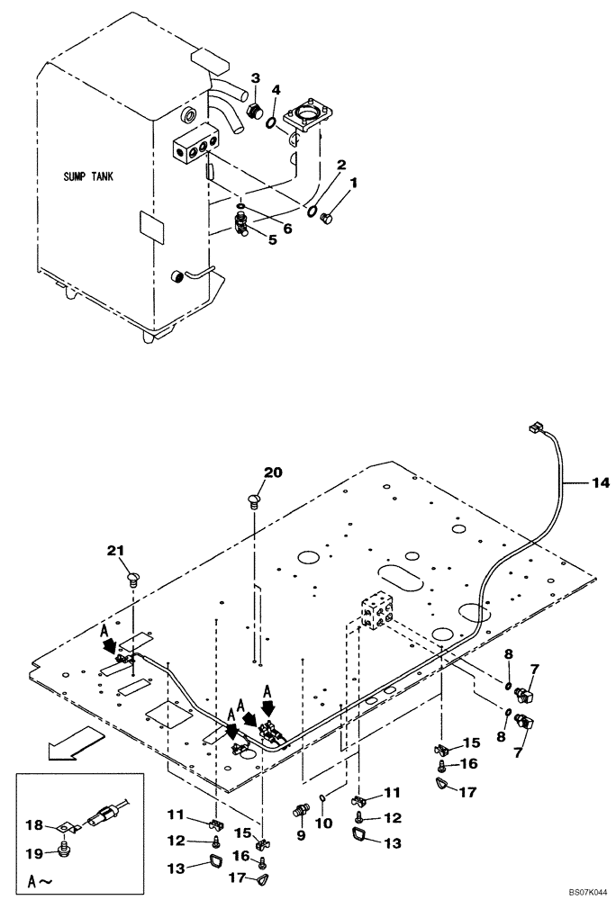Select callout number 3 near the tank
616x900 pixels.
click(256, 77)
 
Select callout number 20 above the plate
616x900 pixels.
click(273, 472)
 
